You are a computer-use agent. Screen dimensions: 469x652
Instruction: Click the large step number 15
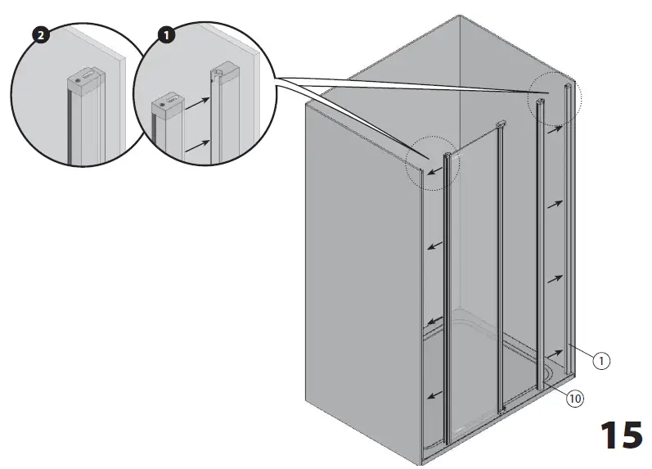[621, 435]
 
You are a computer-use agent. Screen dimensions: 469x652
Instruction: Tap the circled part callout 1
[601, 360]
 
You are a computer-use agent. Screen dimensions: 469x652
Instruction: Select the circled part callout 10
[574, 399]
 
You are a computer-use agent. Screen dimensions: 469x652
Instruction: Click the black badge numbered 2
[37, 35]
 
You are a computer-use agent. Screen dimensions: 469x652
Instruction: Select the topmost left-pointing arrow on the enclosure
[434, 169]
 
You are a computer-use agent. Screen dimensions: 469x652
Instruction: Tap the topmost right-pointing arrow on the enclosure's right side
[555, 127]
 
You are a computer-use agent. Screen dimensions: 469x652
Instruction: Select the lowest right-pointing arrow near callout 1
[555, 352]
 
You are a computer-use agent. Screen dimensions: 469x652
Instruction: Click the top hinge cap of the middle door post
[499, 125]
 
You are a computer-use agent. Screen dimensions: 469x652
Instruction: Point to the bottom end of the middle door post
[505, 407]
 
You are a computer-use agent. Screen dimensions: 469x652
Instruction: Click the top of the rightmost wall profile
[567, 85]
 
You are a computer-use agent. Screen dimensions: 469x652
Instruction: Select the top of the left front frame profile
[447, 155]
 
